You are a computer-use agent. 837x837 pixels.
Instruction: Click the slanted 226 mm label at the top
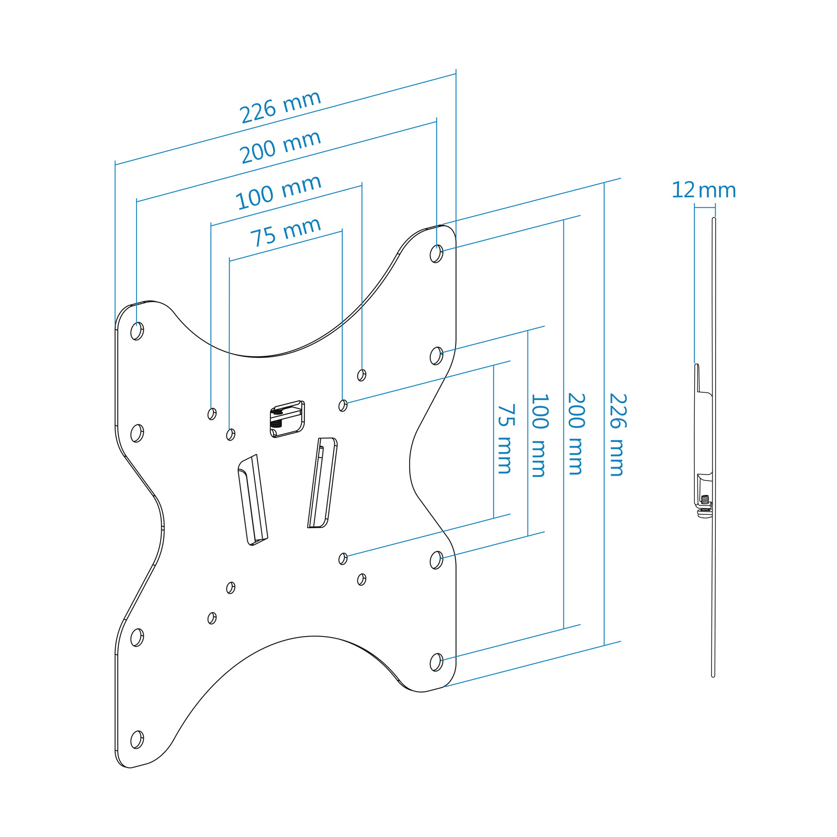[x=280, y=107]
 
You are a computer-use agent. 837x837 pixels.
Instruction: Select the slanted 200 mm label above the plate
[x=280, y=146]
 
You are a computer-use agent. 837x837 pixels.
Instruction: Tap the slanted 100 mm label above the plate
[x=278, y=192]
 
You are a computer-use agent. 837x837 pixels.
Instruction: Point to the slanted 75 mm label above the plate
[x=286, y=232]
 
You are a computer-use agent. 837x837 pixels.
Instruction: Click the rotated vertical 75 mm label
[x=505, y=438]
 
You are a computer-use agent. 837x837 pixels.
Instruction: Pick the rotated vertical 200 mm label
[x=576, y=434]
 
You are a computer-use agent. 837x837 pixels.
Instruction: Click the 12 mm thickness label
[x=704, y=190]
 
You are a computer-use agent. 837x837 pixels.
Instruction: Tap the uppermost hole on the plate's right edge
[x=436, y=254]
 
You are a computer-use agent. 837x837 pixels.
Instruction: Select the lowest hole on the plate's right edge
[x=436, y=662]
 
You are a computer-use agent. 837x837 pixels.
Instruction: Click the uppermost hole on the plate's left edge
[x=137, y=331]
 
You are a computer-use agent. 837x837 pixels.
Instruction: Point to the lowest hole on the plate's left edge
[x=137, y=740]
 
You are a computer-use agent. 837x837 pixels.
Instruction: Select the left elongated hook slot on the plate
[x=253, y=500]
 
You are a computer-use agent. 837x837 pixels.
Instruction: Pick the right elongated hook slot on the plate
[x=322, y=483]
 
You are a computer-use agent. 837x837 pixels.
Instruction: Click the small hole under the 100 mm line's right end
[x=361, y=375]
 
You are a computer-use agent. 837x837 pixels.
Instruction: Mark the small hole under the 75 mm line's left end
[x=231, y=435]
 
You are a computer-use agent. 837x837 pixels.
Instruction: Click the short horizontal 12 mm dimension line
[x=705, y=208]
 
